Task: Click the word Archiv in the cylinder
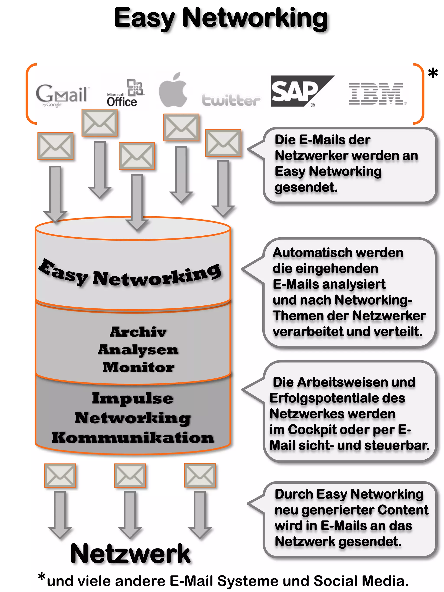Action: point(138,332)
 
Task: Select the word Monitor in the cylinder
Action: point(138,367)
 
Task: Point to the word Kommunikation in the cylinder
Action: point(133,438)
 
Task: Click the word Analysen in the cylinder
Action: point(138,350)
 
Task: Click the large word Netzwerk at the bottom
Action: point(130,554)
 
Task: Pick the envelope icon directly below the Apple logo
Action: point(181,127)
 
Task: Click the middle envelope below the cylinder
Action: point(130,476)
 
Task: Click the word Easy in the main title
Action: point(145,19)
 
